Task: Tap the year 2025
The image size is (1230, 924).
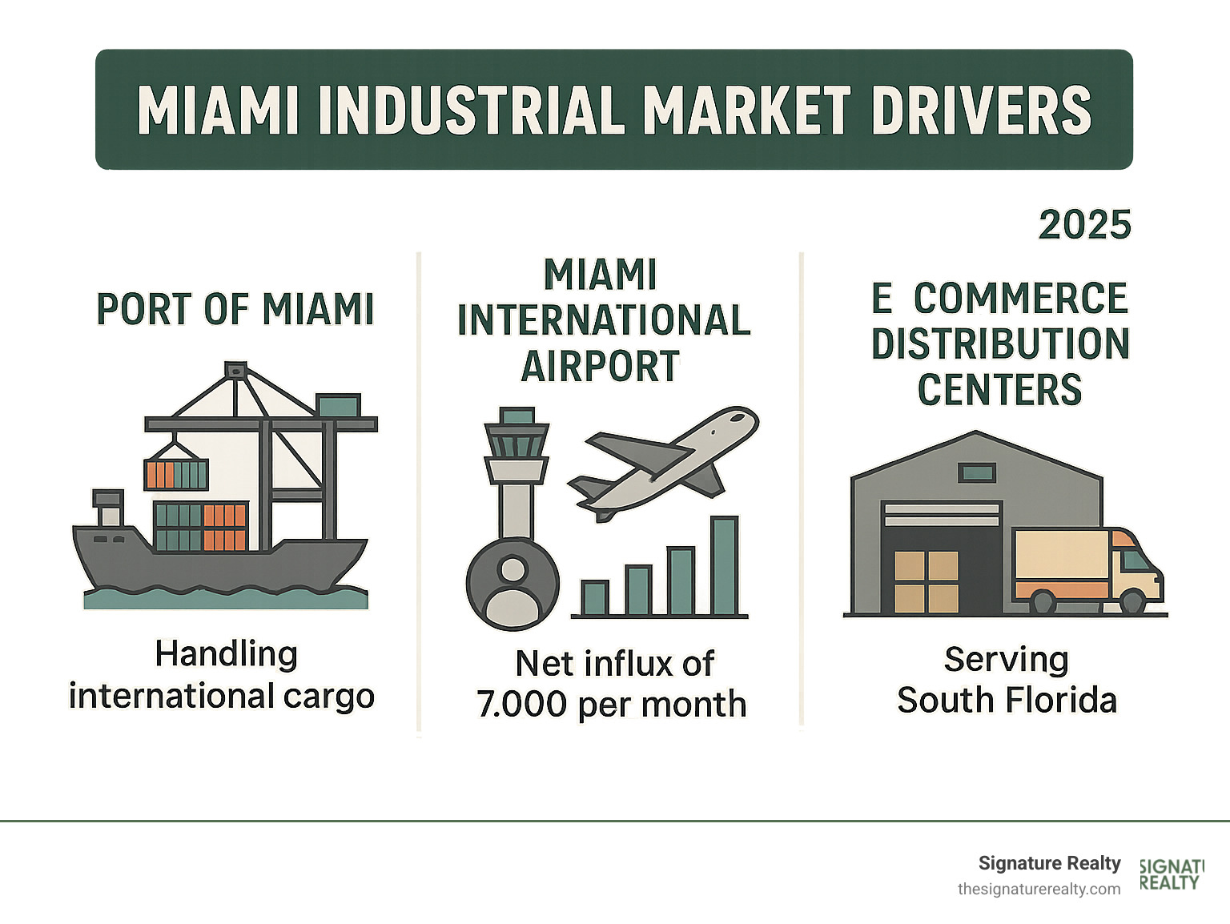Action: [1084, 225]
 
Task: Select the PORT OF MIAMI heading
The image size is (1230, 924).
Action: [235, 309]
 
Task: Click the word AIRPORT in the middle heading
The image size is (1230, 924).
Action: [601, 367]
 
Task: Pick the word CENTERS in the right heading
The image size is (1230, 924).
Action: [999, 390]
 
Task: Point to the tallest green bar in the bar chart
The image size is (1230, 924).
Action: [724, 566]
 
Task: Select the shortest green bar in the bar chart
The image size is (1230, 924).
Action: [595, 598]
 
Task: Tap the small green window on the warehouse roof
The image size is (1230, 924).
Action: [977, 472]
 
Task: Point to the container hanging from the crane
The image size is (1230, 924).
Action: [176, 474]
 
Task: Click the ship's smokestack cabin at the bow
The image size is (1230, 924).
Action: [108, 507]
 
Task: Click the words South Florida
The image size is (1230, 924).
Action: [1007, 701]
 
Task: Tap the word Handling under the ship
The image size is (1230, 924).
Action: [226, 654]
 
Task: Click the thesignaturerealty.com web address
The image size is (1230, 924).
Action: [1039, 890]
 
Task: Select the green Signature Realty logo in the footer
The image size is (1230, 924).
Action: [1171, 875]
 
